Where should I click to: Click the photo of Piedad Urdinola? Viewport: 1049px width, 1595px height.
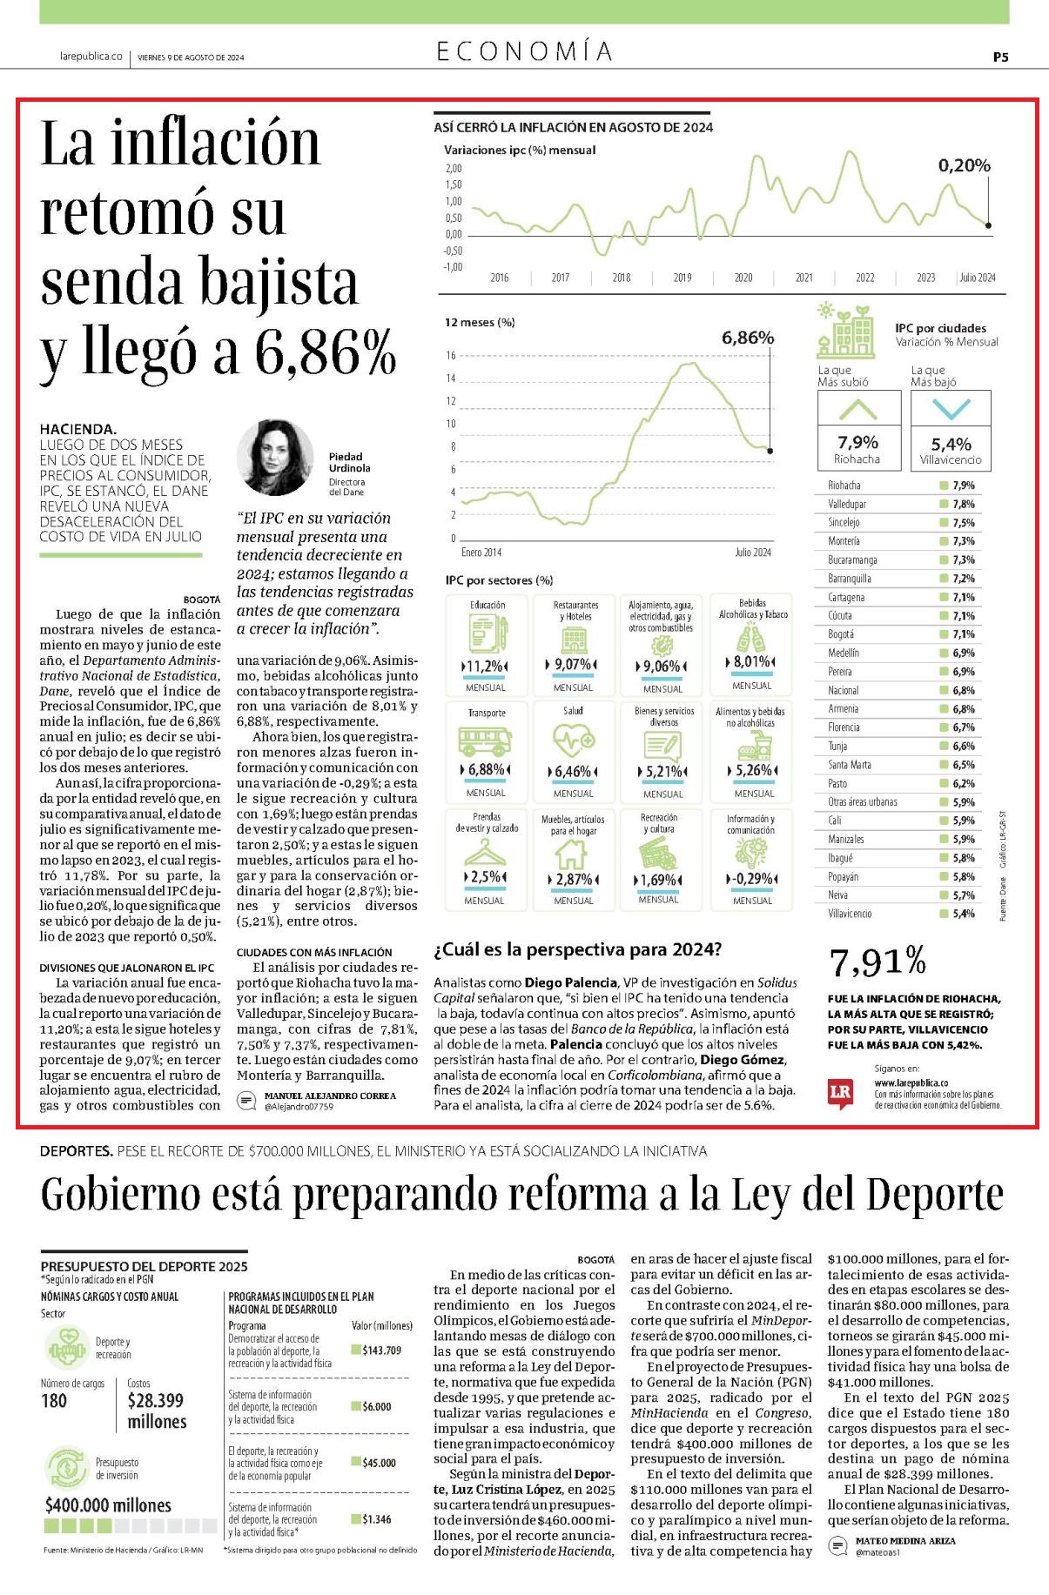(x=275, y=458)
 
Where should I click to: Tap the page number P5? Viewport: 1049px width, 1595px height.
(x=1000, y=57)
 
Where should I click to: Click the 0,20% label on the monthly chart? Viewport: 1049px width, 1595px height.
(x=964, y=165)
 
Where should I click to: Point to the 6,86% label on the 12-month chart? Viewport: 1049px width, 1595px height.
(x=748, y=338)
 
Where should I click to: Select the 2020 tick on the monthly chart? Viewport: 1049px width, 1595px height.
(x=743, y=278)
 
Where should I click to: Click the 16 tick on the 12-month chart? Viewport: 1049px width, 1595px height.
(x=451, y=355)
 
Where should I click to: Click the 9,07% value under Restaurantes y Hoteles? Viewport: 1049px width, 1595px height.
(x=573, y=665)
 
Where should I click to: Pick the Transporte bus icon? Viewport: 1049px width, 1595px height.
(x=486, y=741)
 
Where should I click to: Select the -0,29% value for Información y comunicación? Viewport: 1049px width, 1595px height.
(x=751, y=878)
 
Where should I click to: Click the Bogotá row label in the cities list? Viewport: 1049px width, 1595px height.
(x=841, y=634)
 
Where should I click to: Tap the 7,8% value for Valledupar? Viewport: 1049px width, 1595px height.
(x=964, y=504)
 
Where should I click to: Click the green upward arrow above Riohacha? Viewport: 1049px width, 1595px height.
(x=857, y=408)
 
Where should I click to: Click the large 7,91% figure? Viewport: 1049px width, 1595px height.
(x=878, y=962)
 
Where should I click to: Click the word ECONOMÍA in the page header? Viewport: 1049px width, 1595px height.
(x=525, y=51)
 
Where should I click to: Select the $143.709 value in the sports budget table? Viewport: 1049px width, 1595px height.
(x=381, y=1350)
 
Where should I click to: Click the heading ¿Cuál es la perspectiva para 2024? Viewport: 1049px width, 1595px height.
(x=578, y=948)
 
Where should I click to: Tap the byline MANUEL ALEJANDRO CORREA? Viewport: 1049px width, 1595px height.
(x=330, y=1096)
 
